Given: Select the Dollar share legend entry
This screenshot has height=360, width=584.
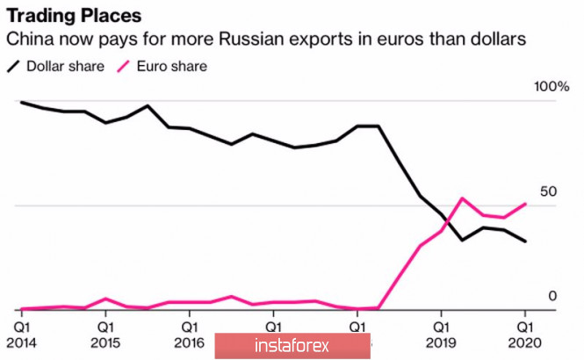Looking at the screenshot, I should pyautogui.click(x=56, y=66).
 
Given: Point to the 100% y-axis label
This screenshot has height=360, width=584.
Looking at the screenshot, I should pyautogui.click(x=552, y=87).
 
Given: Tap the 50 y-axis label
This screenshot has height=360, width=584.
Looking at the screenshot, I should pyautogui.click(x=548, y=191).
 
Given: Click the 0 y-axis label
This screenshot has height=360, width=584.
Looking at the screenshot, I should pyautogui.click(x=552, y=295).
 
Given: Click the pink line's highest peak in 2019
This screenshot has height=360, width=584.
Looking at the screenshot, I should pyautogui.click(x=463, y=198).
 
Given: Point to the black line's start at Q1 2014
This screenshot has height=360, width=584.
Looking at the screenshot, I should pyautogui.click(x=21, y=102).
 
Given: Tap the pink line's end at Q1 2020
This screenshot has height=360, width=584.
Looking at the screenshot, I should pyautogui.click(x=526, y=204).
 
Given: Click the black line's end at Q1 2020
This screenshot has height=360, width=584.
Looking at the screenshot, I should pyautogui.click(x=526, y=241).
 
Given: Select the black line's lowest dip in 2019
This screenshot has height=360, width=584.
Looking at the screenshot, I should pyautogui.click(x=463, y=240).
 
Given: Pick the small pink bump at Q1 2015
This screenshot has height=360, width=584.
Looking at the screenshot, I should pyautogui.click(x=105, y=299).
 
